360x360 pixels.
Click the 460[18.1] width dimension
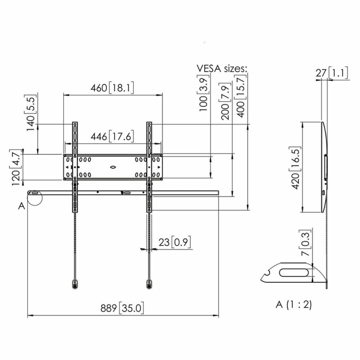[113, 88]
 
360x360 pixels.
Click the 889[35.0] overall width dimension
[122, 308]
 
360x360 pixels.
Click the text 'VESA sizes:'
[222, 68]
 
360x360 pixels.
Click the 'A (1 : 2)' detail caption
[293, 304]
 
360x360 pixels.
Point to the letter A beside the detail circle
[21, 206]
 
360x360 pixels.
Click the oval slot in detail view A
[294, 273]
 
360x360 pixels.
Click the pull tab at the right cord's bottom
[149, 284]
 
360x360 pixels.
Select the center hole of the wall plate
[113, 165]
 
